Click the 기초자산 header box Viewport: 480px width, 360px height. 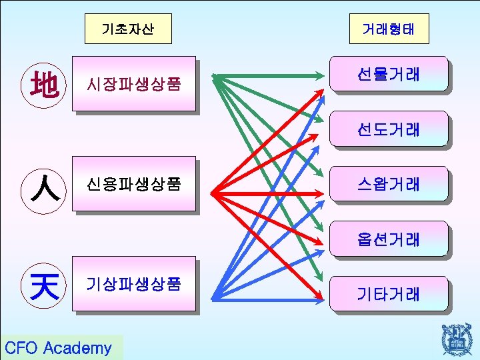point(129,29)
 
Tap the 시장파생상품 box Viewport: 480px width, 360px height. point(134,84)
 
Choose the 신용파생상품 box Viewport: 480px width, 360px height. point(134,184)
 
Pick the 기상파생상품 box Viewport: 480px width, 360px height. point(134,284)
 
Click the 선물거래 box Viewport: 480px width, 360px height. point(388,73)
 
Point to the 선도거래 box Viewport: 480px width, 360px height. point(388,128)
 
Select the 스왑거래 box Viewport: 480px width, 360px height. point(388,183)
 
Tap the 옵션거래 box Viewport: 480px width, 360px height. point(388,238)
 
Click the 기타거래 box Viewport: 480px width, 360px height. point(388,293)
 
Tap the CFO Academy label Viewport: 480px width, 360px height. point(59,347)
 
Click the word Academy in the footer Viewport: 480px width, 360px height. point(80,347)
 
